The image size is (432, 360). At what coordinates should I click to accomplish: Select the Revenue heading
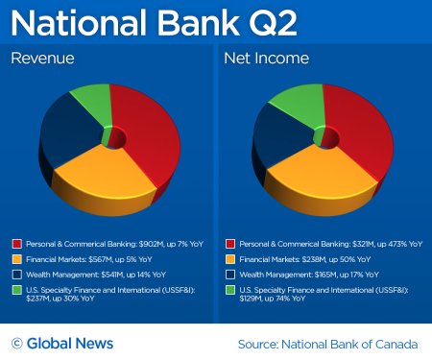pos(44,60)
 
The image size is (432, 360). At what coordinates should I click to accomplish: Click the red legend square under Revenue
pos(16,244)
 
